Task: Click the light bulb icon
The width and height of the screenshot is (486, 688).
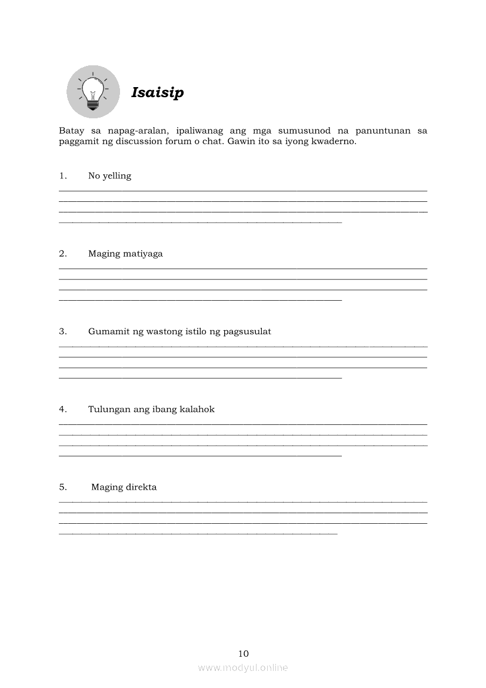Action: click(x=93, y=92)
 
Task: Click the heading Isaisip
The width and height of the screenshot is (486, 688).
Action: click(x=157, y=93)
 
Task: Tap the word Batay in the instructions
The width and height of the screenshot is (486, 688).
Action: click(x=71, y=131)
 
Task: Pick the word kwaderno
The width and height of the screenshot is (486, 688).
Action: click(x=333, y=142)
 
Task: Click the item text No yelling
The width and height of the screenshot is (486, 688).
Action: click(x=109, y=176)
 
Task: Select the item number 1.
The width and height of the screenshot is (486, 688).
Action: click(x=62, y=176)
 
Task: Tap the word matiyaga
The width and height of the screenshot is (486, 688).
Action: click(x=142, y=254)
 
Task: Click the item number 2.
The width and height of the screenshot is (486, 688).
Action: click(x=62, y=254)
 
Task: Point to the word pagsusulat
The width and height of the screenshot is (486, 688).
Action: click(x=246, y=332)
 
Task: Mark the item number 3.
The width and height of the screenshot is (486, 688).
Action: click(x=62, y=332)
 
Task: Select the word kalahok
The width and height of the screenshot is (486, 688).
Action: click(x=197, y=410)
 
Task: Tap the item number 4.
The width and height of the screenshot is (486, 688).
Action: click(x=62, y=410)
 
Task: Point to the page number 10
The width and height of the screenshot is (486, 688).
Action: click(x=244, y=654)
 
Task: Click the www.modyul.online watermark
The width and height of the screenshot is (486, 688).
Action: click(x=243, y=668)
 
